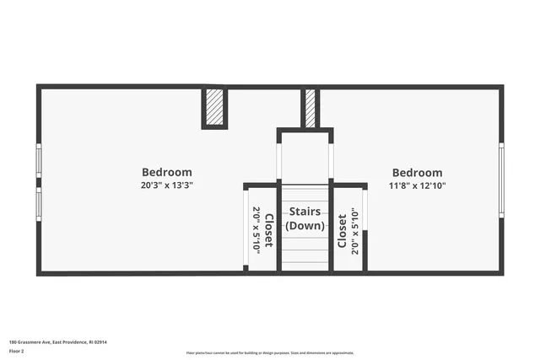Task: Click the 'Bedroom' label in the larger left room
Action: (x=166, y=172)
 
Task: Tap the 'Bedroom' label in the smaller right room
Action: (x=417, y=172)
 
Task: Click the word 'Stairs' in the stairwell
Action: (x=305, y=212)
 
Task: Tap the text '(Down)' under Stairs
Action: (x=305, y=226)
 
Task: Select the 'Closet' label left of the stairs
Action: (x=268, y=230)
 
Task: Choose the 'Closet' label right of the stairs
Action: (x=342, y=231)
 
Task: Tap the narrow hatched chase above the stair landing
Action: (x=310, y=108)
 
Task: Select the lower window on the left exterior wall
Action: (x=38, y=203)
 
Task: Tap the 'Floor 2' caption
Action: (x=16, y=351)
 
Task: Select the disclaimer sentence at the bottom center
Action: (x=269, y=352)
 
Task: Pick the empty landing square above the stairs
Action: (x=305, y=156)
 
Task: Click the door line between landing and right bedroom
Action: (x=332, y=161)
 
